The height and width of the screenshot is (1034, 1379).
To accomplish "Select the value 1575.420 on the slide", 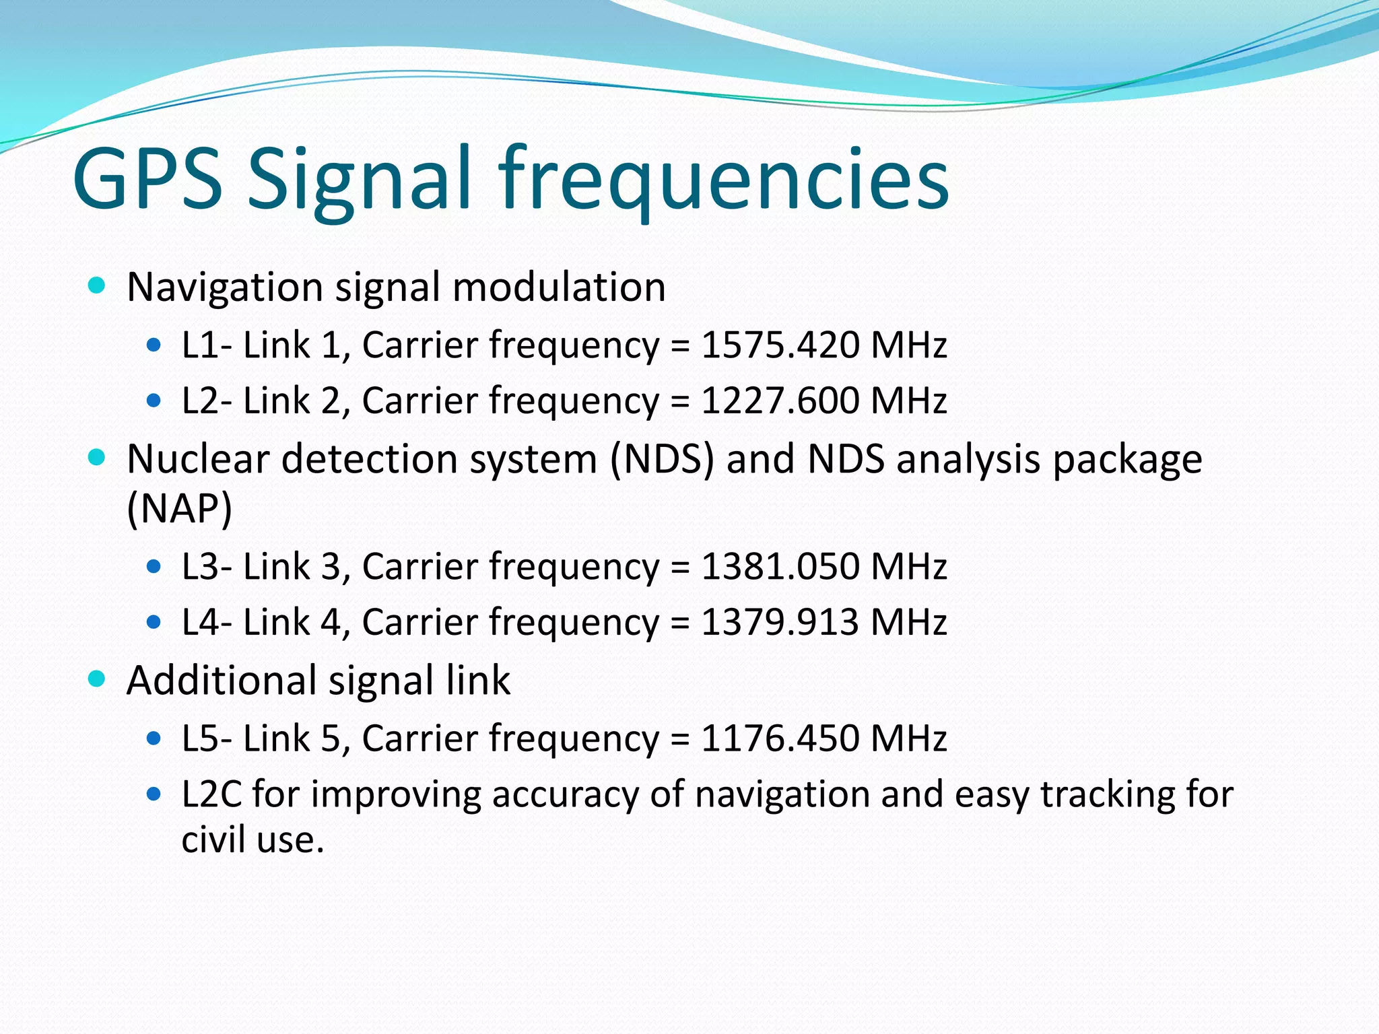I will [x=780, y=345].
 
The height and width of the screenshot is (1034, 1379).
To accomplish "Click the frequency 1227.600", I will [x=780, y=401].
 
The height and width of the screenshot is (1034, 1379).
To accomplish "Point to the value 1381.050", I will [x=780, y=566].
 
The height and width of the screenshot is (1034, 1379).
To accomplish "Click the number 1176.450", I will [x=780, y=738].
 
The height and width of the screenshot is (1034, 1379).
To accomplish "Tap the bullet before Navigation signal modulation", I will [x=97, y=285].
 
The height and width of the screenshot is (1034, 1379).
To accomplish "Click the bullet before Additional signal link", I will [x=97, y=679].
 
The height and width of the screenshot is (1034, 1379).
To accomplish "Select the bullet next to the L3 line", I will [x=154, y=566].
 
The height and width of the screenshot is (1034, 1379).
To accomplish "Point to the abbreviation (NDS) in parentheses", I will [x=662, y=460].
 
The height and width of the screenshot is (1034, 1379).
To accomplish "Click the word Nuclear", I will [x=198, y=460].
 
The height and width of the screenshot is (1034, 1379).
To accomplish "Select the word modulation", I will [x=559, y=287].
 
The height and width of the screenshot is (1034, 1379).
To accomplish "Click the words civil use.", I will [x=253, y=839].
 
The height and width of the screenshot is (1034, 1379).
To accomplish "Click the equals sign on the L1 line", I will [x=680, y=346].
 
